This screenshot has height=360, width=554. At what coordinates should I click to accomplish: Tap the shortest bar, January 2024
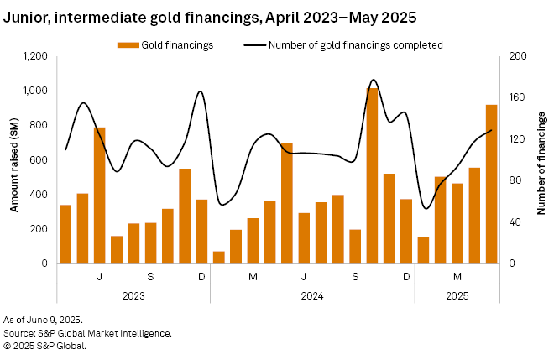(219, 258)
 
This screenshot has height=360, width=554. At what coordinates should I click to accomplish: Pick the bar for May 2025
(492, 184)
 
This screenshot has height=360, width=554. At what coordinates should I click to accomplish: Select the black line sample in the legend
(255, 44)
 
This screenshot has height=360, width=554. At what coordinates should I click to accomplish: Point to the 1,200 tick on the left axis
(35, 56)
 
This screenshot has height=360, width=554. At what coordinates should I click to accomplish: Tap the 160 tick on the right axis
(518, 97)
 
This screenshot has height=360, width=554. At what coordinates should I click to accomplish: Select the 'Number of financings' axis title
(541, 159)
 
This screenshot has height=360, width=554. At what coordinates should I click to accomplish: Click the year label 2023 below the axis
(133, 295)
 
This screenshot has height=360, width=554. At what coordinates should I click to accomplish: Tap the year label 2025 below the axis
(457, 295)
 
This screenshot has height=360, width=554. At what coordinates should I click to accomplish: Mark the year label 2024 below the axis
(312, 295)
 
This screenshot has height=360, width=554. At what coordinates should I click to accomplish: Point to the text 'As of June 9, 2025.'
(42, 321)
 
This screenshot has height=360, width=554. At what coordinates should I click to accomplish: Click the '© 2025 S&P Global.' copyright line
(44, 344)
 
